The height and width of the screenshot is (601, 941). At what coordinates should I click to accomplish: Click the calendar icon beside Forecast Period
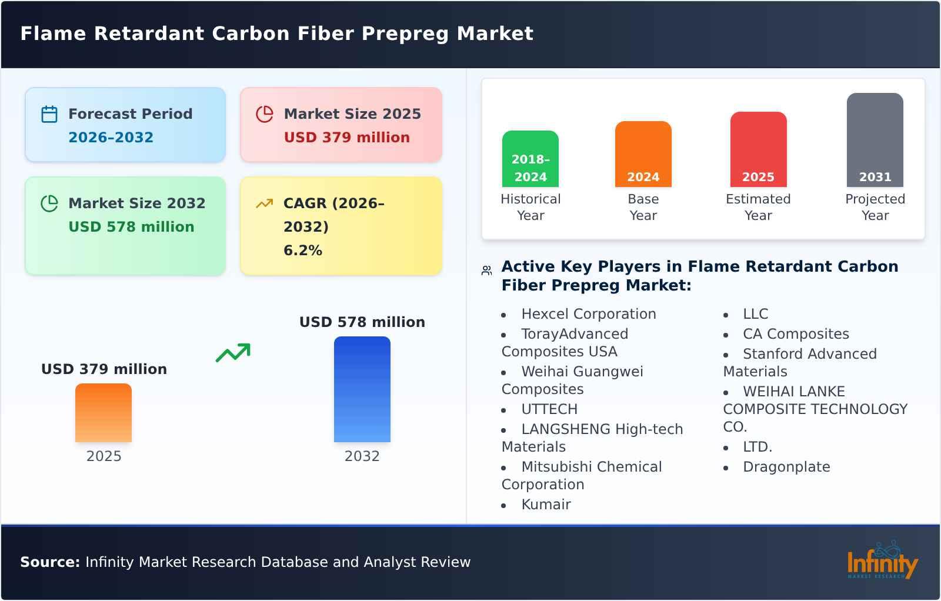pyautogui.click(x=49, y=114)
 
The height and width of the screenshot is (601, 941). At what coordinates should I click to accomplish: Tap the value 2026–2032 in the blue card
pyautogui.click(x=111, y=137)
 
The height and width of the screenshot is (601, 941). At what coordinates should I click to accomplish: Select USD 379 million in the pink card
pyautogui.click(x=346, y=137)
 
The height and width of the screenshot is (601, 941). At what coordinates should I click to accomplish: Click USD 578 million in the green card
pyautogui.click(x=131, y=226)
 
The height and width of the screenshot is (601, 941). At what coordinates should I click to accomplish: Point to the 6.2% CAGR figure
pyautogui.click(x=302, y=250)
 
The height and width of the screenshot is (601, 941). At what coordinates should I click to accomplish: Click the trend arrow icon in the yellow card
pyautogui.click(x=264, y=203)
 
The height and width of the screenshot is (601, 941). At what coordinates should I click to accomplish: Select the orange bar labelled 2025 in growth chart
pyautogui.click(x=104, y=413)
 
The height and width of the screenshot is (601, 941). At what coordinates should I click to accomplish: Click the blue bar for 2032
pyautogui.click(x=362, y=389)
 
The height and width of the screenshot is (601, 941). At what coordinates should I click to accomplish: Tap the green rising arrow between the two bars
pyautogui.click(x=233, y=352)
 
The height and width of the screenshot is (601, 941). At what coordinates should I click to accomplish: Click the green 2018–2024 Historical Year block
pyautogui.click(x=530, y=159)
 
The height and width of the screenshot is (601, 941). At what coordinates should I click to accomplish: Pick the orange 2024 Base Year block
pyautogui.click(x=643, y=154)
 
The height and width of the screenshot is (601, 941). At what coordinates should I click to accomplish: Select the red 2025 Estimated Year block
pyautogui.click(x=758, y=149)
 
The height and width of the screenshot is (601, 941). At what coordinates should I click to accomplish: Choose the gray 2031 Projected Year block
pyautogui.click(x=875, y=140)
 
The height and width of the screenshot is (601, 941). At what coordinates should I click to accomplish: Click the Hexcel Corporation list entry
pyautogui.click(x=588, y=314)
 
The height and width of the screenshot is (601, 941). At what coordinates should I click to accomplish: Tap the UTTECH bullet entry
pyautogui.click(x=549, y=409)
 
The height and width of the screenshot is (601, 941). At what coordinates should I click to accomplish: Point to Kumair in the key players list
pyautogui.click(x=546, y=505)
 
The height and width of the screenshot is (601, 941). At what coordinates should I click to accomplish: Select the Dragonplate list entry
pyautogui.click(x=786, y=467)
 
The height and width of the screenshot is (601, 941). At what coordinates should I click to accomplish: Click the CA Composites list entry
pyautogui.click(x=796, y=334)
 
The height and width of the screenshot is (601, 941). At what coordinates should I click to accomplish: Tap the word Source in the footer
pyautogui.click(x=49, y=562)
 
